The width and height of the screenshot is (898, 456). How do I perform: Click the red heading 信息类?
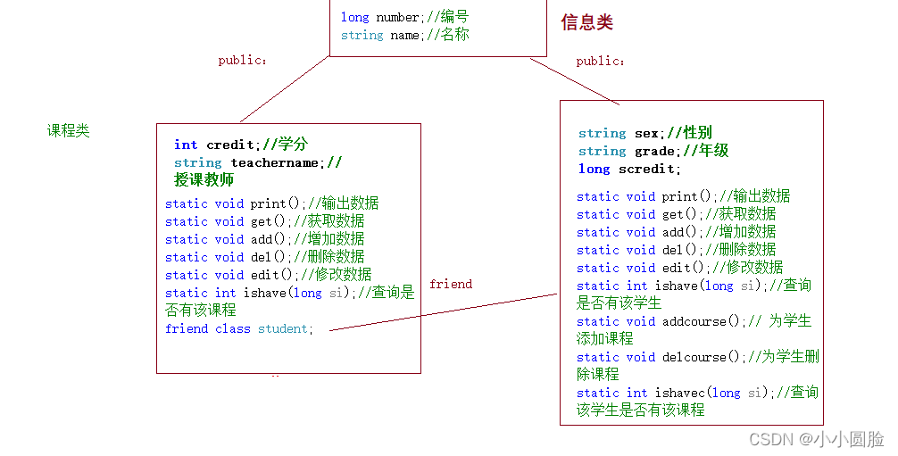(586, 23)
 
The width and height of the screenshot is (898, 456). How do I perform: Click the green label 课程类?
(69, 131)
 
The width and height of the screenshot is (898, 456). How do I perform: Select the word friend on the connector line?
(450, 284)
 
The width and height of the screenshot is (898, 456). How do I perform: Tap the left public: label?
(242, 61)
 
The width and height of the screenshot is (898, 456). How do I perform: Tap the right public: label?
(600, 61)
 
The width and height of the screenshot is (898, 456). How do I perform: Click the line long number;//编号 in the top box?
(404, 17)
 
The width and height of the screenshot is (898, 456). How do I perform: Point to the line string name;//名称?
(404, 35)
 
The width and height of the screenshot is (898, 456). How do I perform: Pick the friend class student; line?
(239, 328)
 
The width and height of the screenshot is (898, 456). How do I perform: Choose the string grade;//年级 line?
(653, 151)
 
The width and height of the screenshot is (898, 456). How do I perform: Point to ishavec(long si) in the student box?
(711, 393)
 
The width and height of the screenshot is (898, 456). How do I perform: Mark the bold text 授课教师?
(204, 180)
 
